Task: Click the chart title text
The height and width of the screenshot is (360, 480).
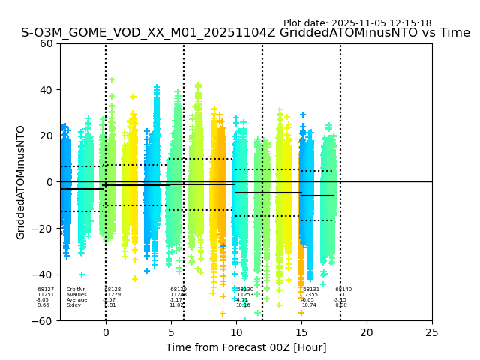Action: (x=245, y=33)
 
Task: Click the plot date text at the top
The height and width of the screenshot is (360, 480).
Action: (x=357, y=23)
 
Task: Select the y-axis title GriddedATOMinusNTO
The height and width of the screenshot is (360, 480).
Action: (x=21, y=182)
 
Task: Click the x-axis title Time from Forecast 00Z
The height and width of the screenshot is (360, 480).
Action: (x=246, y=347)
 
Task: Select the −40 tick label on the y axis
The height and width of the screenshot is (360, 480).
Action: (x=46, y=274)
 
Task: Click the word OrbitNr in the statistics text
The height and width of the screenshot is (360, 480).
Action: (x=75, y=289)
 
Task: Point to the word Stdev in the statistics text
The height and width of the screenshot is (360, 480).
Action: (x=73, y=305)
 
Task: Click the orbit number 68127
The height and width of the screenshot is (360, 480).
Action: (x=46, y=289)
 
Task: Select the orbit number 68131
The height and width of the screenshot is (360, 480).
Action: (x=311, y=289)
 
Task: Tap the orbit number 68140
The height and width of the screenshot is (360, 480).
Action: (x=343, y=289)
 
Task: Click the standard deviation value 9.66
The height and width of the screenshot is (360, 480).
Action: (x=43, y=305)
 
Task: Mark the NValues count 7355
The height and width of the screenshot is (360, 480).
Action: (x=310, y=295)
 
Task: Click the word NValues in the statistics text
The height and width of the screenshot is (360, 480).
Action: (x=75, y=295)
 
